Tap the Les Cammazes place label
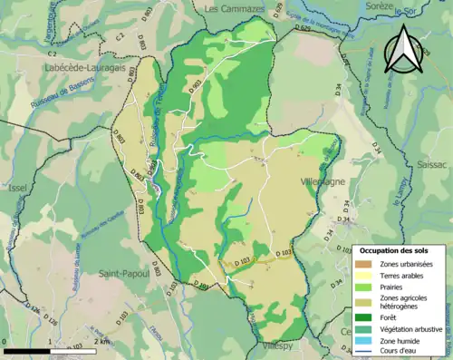coord(236,8)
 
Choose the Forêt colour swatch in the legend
coord(363,316)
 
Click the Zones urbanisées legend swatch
coord(363,263)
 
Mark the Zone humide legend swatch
coord(363,340)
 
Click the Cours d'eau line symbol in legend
coord(363,351)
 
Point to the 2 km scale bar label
coord(105,342)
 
